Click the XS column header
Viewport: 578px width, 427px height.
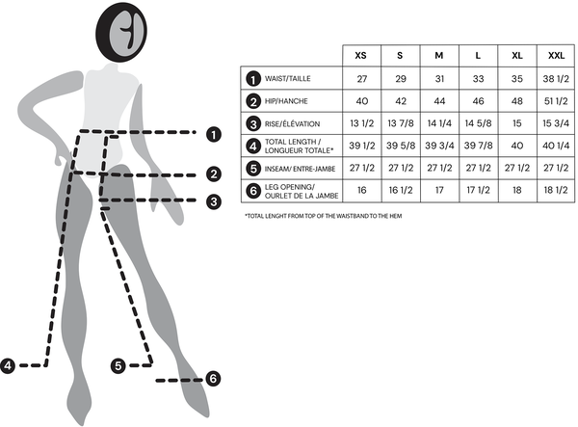361,56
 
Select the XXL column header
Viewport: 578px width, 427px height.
556,56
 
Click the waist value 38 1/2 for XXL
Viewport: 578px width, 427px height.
556,78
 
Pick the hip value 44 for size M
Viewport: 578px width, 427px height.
439,101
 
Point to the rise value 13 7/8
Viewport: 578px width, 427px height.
401,123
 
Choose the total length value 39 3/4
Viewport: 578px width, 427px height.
439,146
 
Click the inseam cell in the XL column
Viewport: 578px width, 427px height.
517,168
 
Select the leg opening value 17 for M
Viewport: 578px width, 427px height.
439,190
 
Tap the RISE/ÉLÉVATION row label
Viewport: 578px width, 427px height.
292,124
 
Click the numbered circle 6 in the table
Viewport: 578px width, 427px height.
253,191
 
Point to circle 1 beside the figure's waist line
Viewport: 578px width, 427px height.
214,135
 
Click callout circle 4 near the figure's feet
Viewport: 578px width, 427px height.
8,365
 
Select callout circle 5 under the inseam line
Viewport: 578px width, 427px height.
118,365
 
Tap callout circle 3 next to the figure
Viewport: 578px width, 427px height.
214,201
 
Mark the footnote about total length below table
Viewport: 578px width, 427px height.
324,216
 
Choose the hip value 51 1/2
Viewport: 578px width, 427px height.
556,101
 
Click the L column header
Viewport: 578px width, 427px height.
478,56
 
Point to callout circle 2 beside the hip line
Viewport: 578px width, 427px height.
214,174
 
